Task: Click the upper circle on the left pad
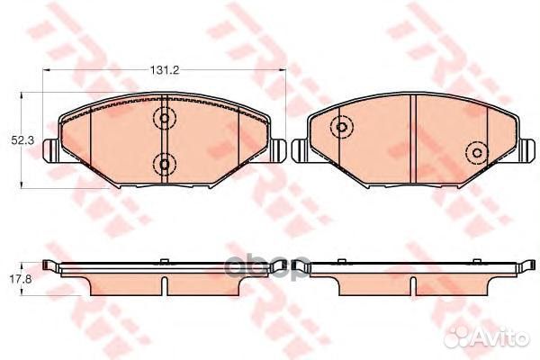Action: point(164,117)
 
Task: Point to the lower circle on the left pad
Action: point(164,163)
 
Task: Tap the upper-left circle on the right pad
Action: point(341,128)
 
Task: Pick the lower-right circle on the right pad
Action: point(473,153)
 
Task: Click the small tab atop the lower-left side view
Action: point(164,263)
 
